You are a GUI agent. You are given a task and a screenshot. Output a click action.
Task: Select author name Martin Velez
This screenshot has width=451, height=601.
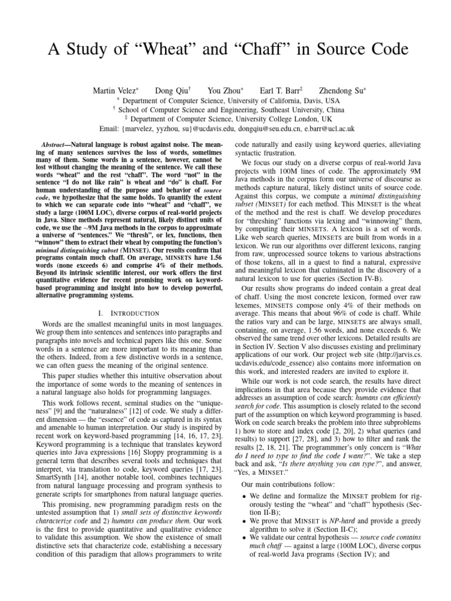coord(115,91)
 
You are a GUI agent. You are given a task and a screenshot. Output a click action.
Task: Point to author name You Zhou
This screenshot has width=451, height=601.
coord(225,91)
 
